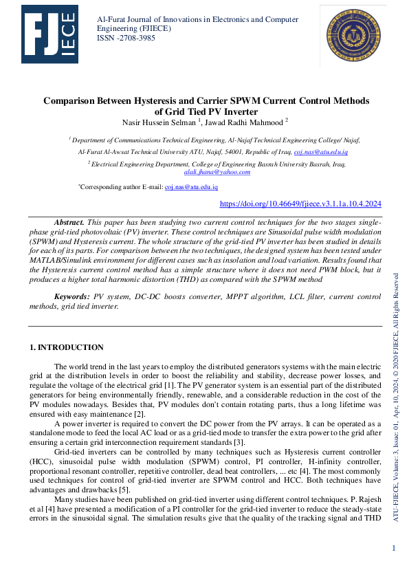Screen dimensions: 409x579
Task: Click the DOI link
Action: (300, 204)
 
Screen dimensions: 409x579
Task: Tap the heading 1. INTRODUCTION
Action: (67, 347)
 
